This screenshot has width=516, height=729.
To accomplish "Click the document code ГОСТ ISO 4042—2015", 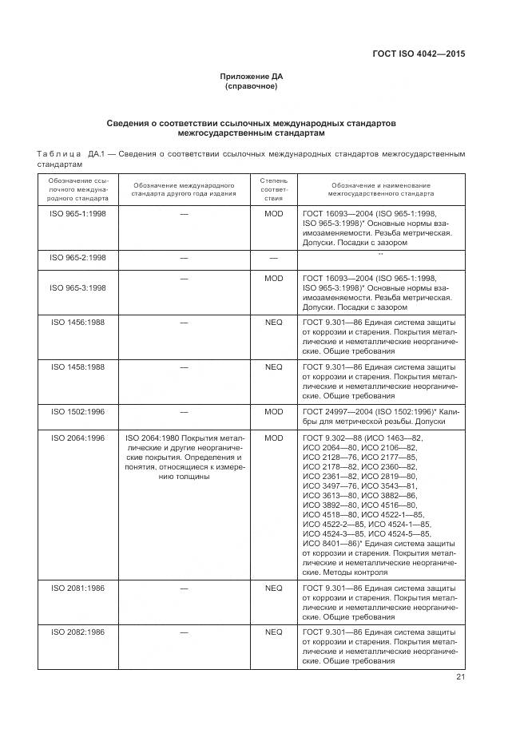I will [x=419, y=54].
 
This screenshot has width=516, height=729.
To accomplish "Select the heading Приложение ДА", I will [x=252, y=76].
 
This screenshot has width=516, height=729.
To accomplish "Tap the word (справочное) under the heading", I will [x=252, y=85].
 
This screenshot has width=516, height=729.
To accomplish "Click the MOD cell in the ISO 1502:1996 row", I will [x=273, y=411].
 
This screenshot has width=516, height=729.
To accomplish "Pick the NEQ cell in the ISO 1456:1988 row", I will [x=273, y=323].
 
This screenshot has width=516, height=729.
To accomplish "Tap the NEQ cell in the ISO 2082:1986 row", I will [x=273, y=632].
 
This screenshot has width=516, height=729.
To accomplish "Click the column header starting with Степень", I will [x=273, y=188].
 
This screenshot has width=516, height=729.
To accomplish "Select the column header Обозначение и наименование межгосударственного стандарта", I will [x=380, y=188].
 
